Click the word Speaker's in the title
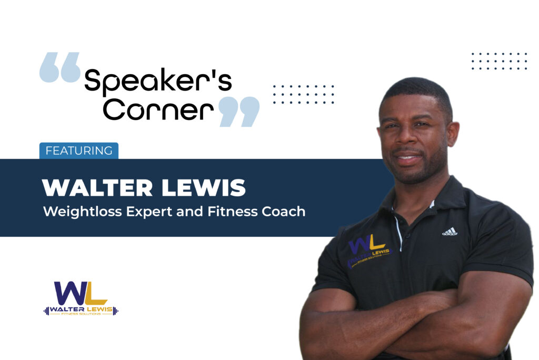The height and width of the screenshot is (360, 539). click(157, 82)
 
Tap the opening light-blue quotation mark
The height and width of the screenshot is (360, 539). click(59, 67)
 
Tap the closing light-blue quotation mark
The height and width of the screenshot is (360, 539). click(239, 111)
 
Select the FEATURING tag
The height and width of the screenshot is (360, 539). click(79, 151)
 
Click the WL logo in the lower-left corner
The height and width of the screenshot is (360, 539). click(81, 298)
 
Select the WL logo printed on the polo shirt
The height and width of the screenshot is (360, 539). click(369, 250)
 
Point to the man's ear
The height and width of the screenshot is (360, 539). click(453, 134)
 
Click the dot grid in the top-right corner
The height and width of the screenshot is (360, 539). click(499, 61)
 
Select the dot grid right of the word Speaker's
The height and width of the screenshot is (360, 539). click(304, 94)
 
